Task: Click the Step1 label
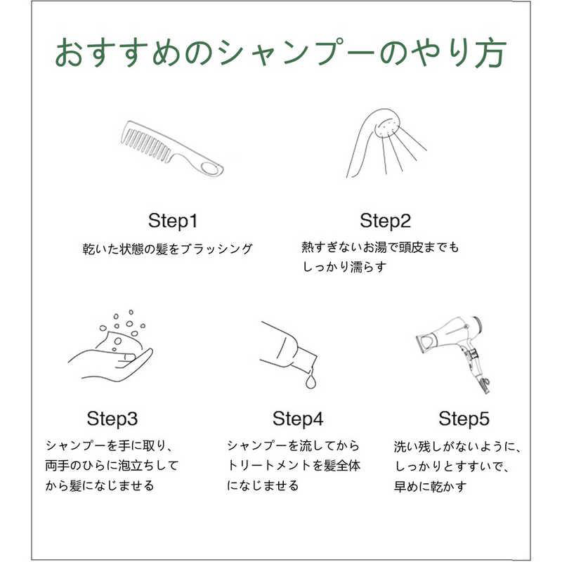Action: coord(173,221)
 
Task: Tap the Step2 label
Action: coord(385,221)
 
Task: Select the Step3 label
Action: coord(112,419)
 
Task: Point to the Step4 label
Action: coord(298,419)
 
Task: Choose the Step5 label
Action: coord(464,419)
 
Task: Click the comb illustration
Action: coord(172,148)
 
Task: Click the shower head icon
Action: coord(386,143)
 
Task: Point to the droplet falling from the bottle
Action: coord(311,381)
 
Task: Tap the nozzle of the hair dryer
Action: coord(426,341)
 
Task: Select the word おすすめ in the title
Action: coord(119,53)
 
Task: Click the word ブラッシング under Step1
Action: coord(216,249)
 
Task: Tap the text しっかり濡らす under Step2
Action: coord(344,267)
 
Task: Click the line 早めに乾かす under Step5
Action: coord(430,486)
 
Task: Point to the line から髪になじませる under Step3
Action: coord(100,486)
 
